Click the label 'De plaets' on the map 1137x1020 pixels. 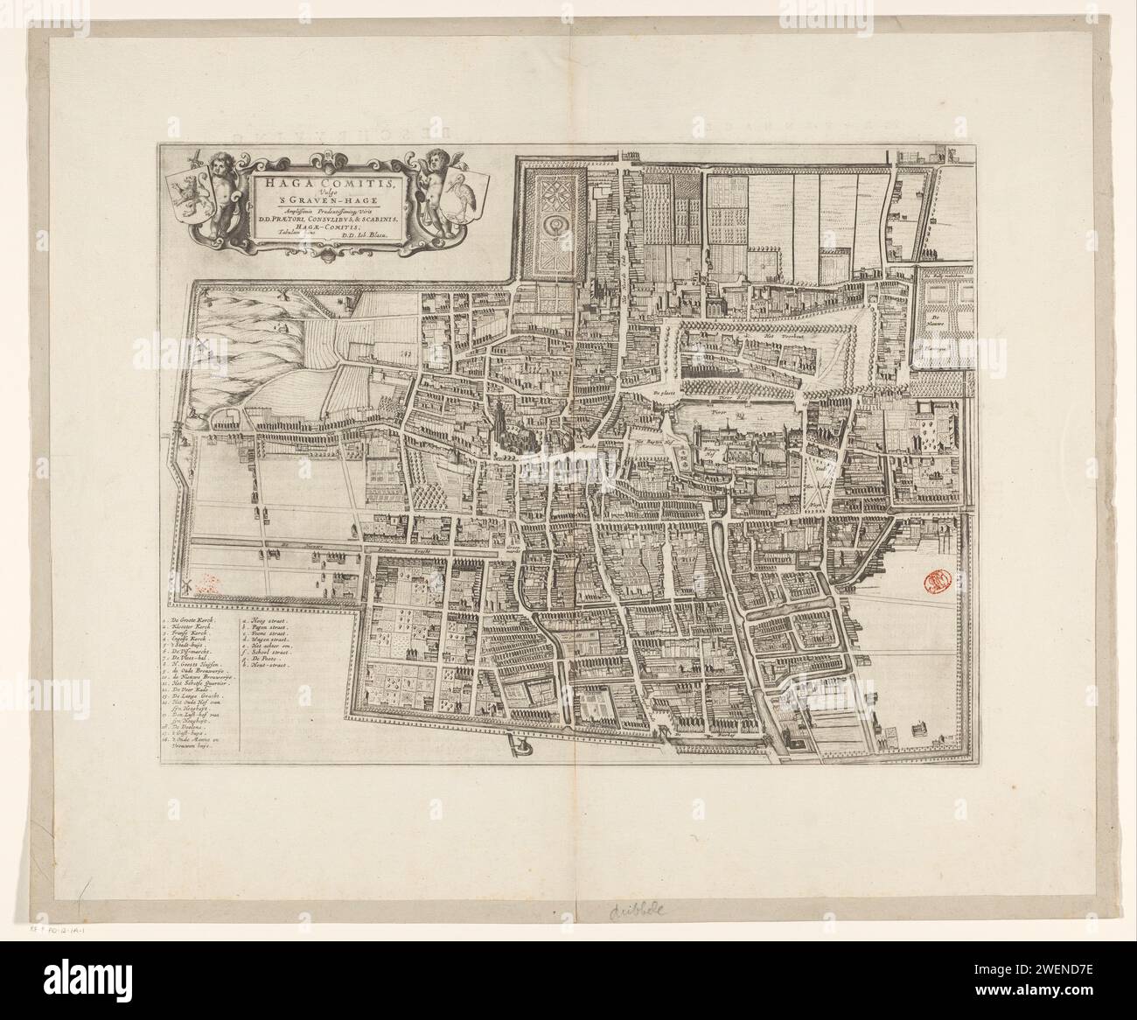tap(666, 395)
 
